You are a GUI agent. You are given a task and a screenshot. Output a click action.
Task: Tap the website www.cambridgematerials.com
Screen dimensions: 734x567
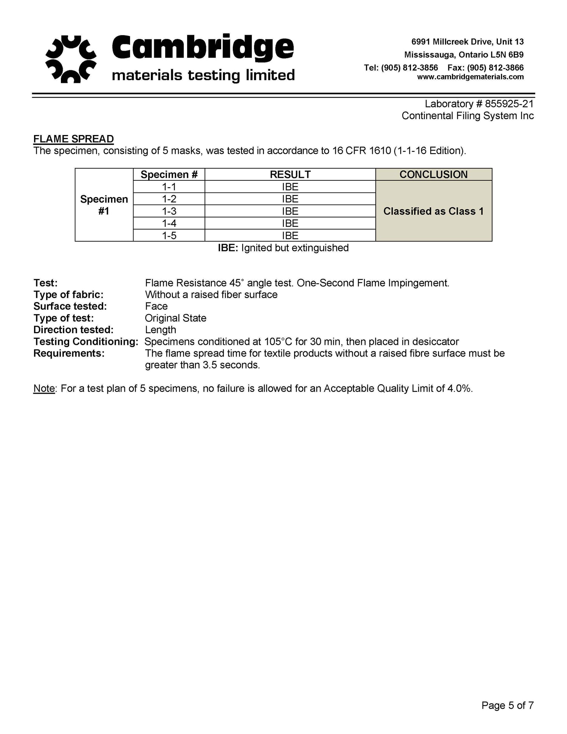pyautogui.click(x=470, y=77)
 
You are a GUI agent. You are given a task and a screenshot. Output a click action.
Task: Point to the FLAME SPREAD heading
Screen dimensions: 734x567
pyautogui.click(x=73, y=139)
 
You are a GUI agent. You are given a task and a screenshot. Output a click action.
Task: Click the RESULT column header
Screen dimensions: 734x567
pyautogui.click(x=290, y=174)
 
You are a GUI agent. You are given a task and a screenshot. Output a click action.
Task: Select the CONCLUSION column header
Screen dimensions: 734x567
pyautogui.click(x=433, y=174)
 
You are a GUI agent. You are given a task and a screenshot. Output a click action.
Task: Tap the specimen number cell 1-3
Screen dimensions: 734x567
pyautogui.click(x=169, y=211)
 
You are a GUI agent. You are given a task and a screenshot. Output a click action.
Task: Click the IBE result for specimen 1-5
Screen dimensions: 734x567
pyautogui.click(x=290, y=236)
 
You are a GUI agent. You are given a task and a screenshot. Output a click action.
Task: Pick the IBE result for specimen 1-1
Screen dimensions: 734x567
pyautogui.click(x=290, y=187)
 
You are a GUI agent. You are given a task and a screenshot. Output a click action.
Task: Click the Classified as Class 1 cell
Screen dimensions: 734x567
pyautogui.click(x=433, y=211)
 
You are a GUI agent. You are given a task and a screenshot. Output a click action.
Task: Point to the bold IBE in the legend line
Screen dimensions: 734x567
pyautogui.click(x=227, y=248)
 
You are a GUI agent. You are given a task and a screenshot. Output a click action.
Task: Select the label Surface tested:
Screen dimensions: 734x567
pyautogui.click(x=70, y=306)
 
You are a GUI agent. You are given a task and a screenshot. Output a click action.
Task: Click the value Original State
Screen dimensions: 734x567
pyautogui.click(x=175, y=318)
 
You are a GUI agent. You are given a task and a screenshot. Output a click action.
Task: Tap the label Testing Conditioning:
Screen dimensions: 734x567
pyautogui.click(x=86, y=342)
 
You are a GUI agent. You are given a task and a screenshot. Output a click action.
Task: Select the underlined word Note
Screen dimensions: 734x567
pyautogui.click(x=44, y=388)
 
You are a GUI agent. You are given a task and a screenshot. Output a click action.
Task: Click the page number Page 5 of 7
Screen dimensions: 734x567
pyautogui.click(x=507, y=705)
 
